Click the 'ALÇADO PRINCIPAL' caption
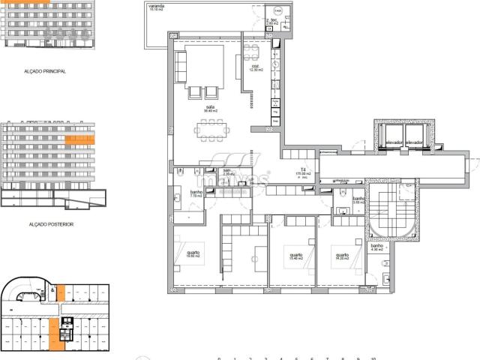(45, 71)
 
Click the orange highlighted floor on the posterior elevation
(79, 139)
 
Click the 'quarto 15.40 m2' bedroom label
(295, 256)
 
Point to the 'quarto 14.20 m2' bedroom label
(342, 256)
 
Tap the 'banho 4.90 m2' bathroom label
(376, 247)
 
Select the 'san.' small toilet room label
(227, 172)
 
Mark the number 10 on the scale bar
(373, 358)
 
